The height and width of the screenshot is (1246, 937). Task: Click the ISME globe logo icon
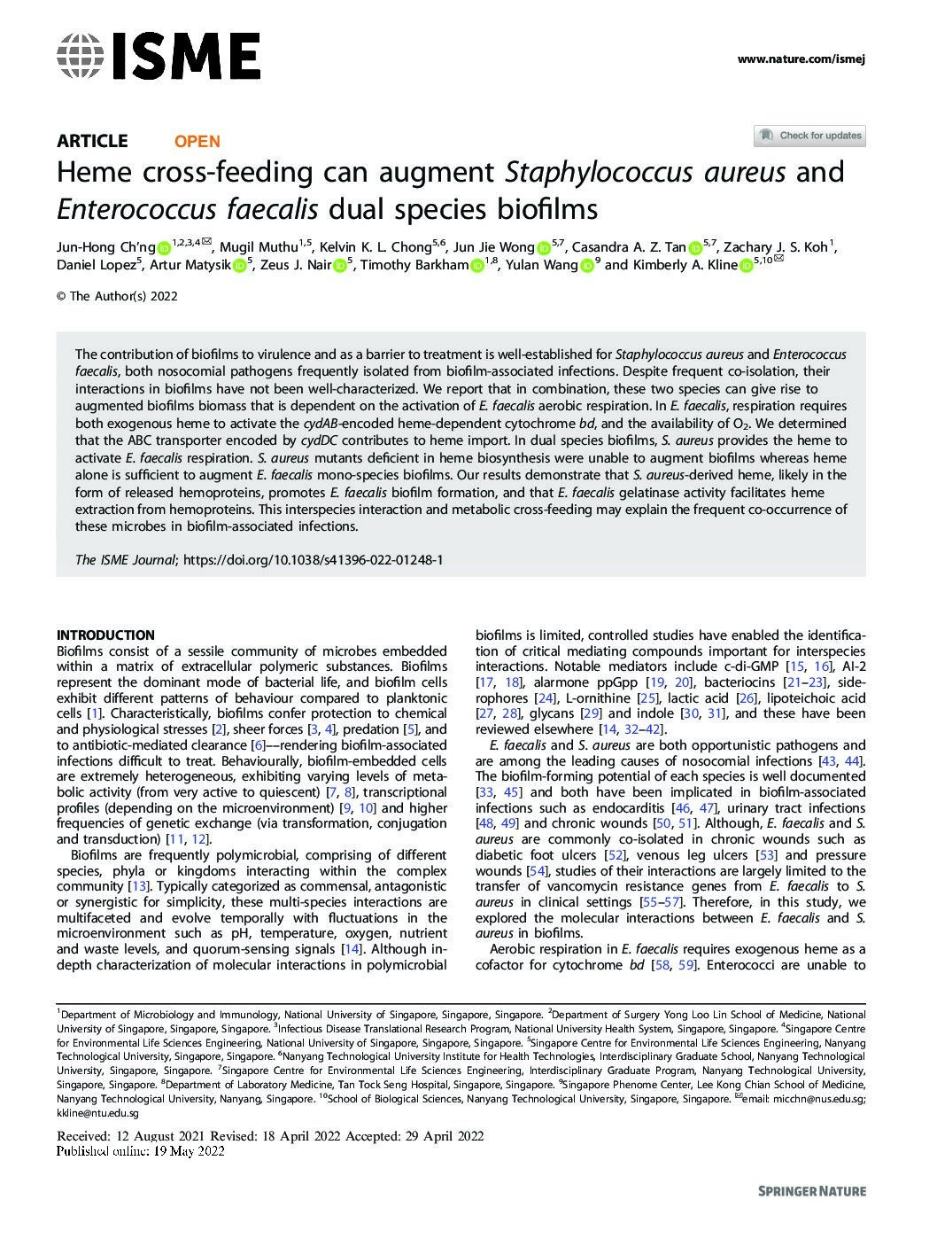tap(80, 56)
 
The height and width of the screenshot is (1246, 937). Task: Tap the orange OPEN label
tap(197, 141)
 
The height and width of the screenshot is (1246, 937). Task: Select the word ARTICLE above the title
tap(92, 141)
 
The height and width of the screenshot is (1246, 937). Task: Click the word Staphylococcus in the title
tap(599, 171)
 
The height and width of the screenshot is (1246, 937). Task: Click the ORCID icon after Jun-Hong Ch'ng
tap(163, 248)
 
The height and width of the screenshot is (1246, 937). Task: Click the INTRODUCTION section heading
tap(105, 635)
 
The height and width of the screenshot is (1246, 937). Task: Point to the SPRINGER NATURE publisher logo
tap(812, 1191)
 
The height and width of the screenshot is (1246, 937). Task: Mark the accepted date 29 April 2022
tap(445, 1137)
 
